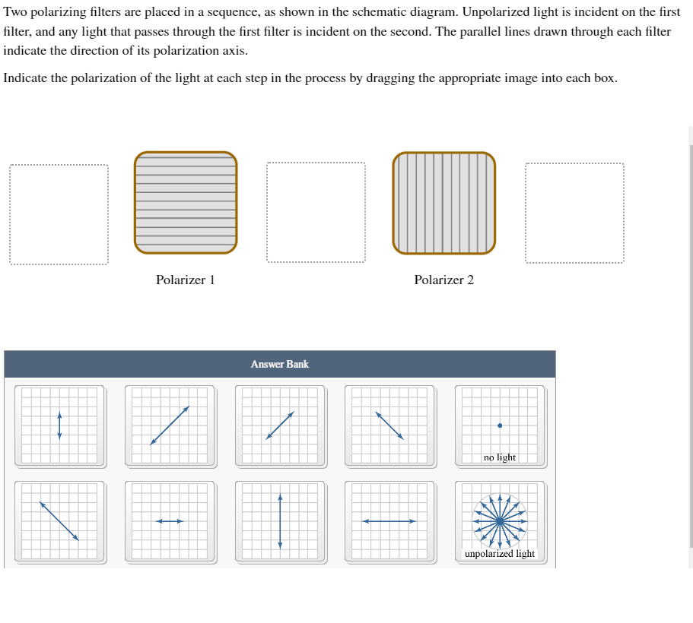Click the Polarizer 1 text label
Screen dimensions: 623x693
pos(185,280)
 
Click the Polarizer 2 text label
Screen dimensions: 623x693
pos(443,280)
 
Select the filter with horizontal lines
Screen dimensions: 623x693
pos(186,202)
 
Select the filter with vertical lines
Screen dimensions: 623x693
pos(444,202)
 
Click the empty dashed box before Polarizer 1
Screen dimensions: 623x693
pos(59,213)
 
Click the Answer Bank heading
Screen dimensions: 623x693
pos(279,364)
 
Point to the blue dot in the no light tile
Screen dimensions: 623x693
pos(500,425)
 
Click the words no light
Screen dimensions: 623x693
pos(500,457)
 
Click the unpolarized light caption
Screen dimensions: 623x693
pos(500,554)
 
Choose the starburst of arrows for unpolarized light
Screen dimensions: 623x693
pos(500,520)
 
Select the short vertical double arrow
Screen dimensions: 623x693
pos(59,425)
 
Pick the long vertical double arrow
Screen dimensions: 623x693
pos(280,520)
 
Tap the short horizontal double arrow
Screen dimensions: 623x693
pos(170,521)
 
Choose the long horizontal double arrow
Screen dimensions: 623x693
pos(389,521)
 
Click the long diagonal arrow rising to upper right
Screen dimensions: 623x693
pos(170,425)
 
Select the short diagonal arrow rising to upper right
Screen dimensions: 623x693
pos(280,425)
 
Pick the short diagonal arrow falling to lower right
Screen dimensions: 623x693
pos(389,425)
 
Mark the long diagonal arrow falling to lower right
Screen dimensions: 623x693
pos(59,520)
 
